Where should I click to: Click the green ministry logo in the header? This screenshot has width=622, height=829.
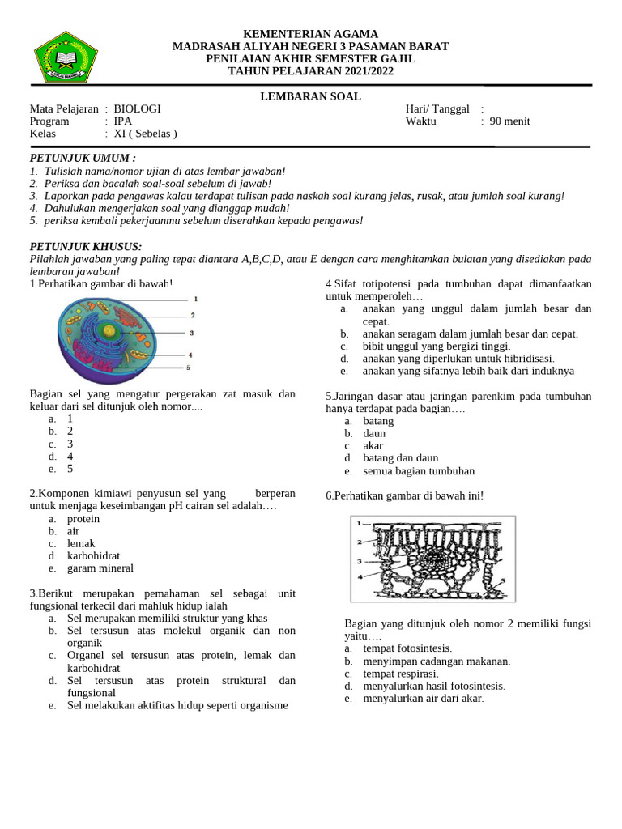tap(66, 57)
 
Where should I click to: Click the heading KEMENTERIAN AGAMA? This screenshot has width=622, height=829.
tap(310, 34)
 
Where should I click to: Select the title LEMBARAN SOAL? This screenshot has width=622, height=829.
tap(310, 96)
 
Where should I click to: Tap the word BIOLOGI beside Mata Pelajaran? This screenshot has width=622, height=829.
tap(137, 108)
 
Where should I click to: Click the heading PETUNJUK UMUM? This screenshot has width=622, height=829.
tap(83, 158)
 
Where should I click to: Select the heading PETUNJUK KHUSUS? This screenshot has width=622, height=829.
tap(86, 246)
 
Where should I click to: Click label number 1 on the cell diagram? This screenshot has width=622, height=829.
tap(195, 299)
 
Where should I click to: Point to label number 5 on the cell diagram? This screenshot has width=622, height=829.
tap(188, 368)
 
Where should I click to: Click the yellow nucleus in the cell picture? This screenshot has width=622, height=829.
tap(108, 330)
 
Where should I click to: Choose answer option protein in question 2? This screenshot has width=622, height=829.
tap(83, 518)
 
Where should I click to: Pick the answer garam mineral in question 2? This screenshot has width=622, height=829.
tap(100, 568)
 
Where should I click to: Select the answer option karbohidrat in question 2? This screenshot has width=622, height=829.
tap(95, 555)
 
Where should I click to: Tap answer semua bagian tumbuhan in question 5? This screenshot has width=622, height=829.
tap(419, 470)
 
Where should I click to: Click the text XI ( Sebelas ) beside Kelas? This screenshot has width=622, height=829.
tap(145, 134)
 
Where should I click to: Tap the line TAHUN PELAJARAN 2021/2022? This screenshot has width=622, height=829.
tap(310, 71)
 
